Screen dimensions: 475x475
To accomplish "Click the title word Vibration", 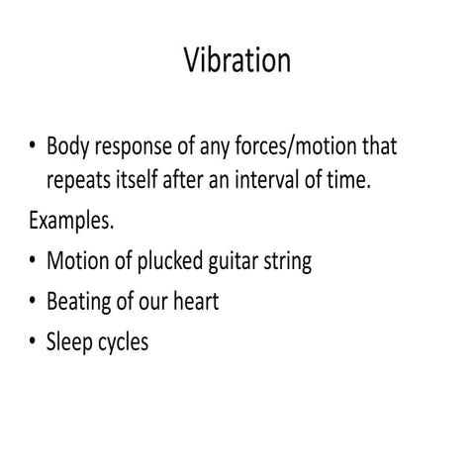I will (x=237, y=60).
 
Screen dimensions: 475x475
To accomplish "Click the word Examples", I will (x=70, y=221).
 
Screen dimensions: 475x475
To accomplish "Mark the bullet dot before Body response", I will (x=33, y=147).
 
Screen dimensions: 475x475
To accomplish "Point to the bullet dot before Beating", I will (x=33, y=303).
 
